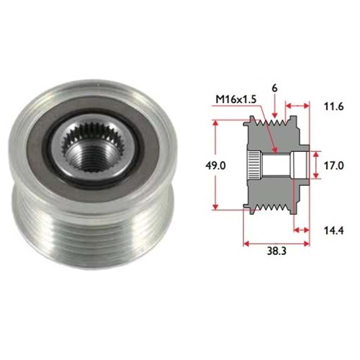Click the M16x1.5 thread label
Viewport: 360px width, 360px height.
(236, 99)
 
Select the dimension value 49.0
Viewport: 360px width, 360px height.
(215, 166)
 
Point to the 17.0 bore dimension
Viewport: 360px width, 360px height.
(334, 166)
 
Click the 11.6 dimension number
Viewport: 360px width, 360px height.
(334, 107)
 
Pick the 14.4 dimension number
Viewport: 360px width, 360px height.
(334, 230)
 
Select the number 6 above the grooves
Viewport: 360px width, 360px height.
(275, 89)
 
